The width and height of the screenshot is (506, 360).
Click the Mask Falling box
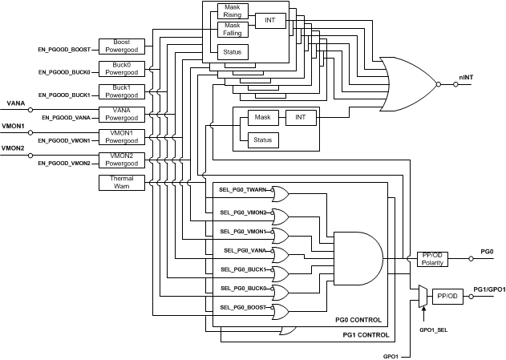(x=233, y=31)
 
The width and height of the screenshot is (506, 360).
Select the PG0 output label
(x=487, y=251)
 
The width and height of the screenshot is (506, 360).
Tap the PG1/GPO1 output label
(x=488, y=289)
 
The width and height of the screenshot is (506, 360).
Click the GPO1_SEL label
(x=434, y=330)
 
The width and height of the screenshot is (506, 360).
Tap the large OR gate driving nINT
(x=410, y=83)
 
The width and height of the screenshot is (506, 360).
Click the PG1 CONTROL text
(x=366, y=334)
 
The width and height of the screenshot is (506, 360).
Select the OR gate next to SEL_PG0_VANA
(x=282, y=254)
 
